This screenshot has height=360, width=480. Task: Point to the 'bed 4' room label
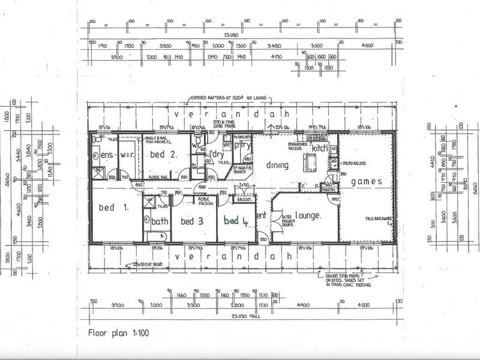click(x=236, y=221)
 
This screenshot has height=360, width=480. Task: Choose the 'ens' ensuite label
click(x=106, y=155)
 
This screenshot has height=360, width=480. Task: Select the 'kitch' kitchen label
click(x=319, y=148)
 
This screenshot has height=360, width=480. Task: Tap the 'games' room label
click(x=362, y=181)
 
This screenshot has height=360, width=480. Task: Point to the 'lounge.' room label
click(x=307, y=215)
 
